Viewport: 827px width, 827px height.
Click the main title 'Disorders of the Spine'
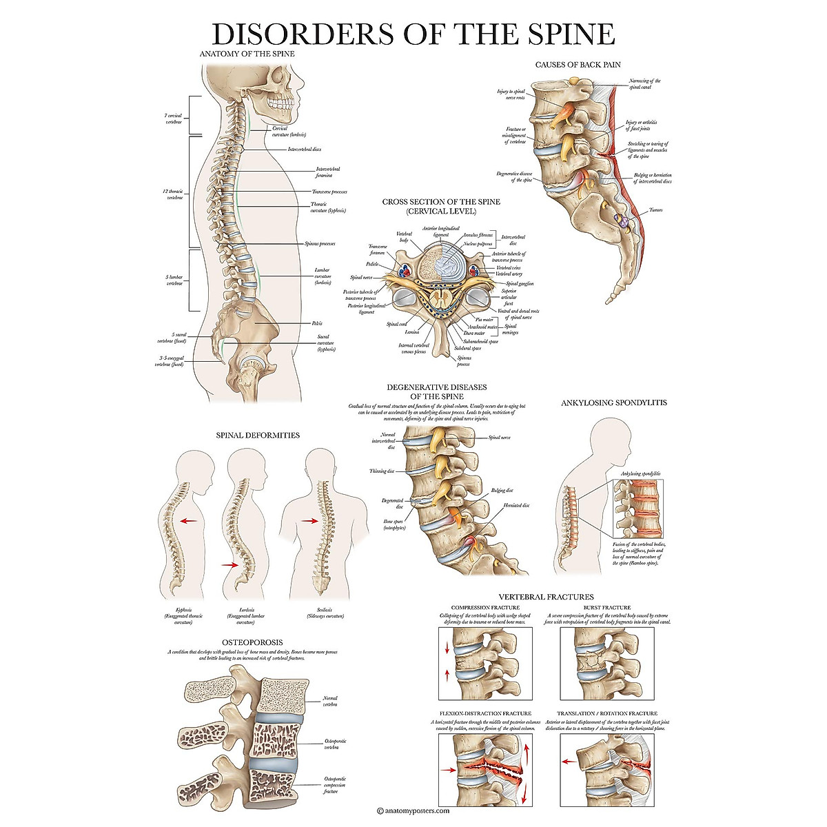pos(413,34)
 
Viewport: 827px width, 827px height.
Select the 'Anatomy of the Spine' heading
pos(247,54)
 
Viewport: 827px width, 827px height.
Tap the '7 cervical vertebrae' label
pos(173,119)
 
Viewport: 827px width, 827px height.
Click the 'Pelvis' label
pos(316,323)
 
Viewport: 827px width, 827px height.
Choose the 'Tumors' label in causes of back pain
pos(655,210)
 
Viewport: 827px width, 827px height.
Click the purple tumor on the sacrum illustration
pos(622,222)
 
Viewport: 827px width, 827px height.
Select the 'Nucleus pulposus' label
pos(478,244)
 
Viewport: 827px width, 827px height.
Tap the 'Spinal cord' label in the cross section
pos(396,324)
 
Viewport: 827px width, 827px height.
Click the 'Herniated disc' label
pos(516,506)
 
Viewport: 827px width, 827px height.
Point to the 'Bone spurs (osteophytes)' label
pos(395,525)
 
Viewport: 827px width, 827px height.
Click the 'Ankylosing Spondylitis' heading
pos(614,402)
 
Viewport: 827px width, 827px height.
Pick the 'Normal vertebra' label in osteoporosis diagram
pos(330,702)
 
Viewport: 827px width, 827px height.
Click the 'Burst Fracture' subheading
pos(607,608)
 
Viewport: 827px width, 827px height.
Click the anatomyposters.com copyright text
pos(413,811)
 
